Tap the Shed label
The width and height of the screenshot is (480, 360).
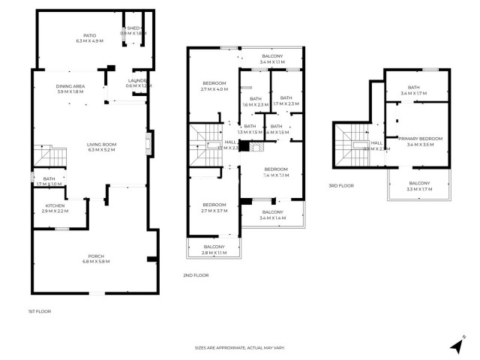pyautogui.click(x=135, y=31)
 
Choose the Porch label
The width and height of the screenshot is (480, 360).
pyautogui.click(x=94, y=259)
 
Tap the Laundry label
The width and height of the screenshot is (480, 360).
pyautogui.click(x=138, y=83)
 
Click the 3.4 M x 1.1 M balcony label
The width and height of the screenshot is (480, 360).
pyautogui.click(x=272, y=59)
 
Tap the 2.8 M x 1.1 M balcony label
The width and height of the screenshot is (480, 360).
pyautogui.click(x=214, y=250)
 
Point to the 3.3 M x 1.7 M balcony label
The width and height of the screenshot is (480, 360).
pyautogui.click(x=419, y=186)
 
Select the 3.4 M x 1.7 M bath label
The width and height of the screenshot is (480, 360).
pyautogui.click(x=414, y=91)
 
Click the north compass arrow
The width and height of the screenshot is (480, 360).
pyautogui.click(x=457, y=344)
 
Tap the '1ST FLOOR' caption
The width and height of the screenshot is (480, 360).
pyautogui.click(x=39, y=310)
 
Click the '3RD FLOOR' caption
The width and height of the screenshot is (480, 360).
pyautogui.click(x=341, y=185)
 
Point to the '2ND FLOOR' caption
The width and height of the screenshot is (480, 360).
pyautogui.click(x=196, y=275)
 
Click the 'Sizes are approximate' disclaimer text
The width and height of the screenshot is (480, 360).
pyautogui.click(x=240, y=347)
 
